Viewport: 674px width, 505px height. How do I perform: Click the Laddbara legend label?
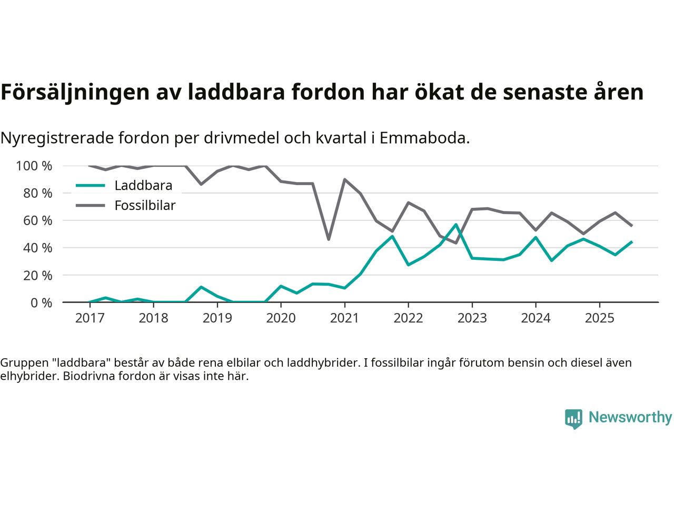pyautogui.click(x=143, y=186)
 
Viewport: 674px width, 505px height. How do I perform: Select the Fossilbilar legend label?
pyautogui.click(x=145, y=205)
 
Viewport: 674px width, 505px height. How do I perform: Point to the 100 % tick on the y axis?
pyautogui.click(x=34, y=166)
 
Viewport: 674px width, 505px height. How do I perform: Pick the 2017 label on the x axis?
pyautogui.click(x=90, y=318)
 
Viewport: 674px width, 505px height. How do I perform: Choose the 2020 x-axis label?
pyautogui.click(x=281, y=318)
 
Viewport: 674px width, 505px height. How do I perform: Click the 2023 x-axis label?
pyautogui.click(x=472, y=318)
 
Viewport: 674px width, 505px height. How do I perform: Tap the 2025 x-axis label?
pyautogui.click(x=599, y=318)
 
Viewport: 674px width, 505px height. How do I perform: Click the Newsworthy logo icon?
pyautogui.click(x=573, y=419)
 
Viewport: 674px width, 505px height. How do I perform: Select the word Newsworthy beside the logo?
pyautogui.click(x=630, y=418)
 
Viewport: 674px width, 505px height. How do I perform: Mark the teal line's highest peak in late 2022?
pyautogui.click(x=456, y=225)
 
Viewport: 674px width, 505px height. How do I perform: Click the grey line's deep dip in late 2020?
pyautogui.click(x=329, y=239)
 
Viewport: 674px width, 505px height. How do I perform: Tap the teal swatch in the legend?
pyautogui.click(x=91, y=186)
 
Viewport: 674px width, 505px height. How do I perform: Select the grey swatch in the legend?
pyautogui.click(x=91, y=205)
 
